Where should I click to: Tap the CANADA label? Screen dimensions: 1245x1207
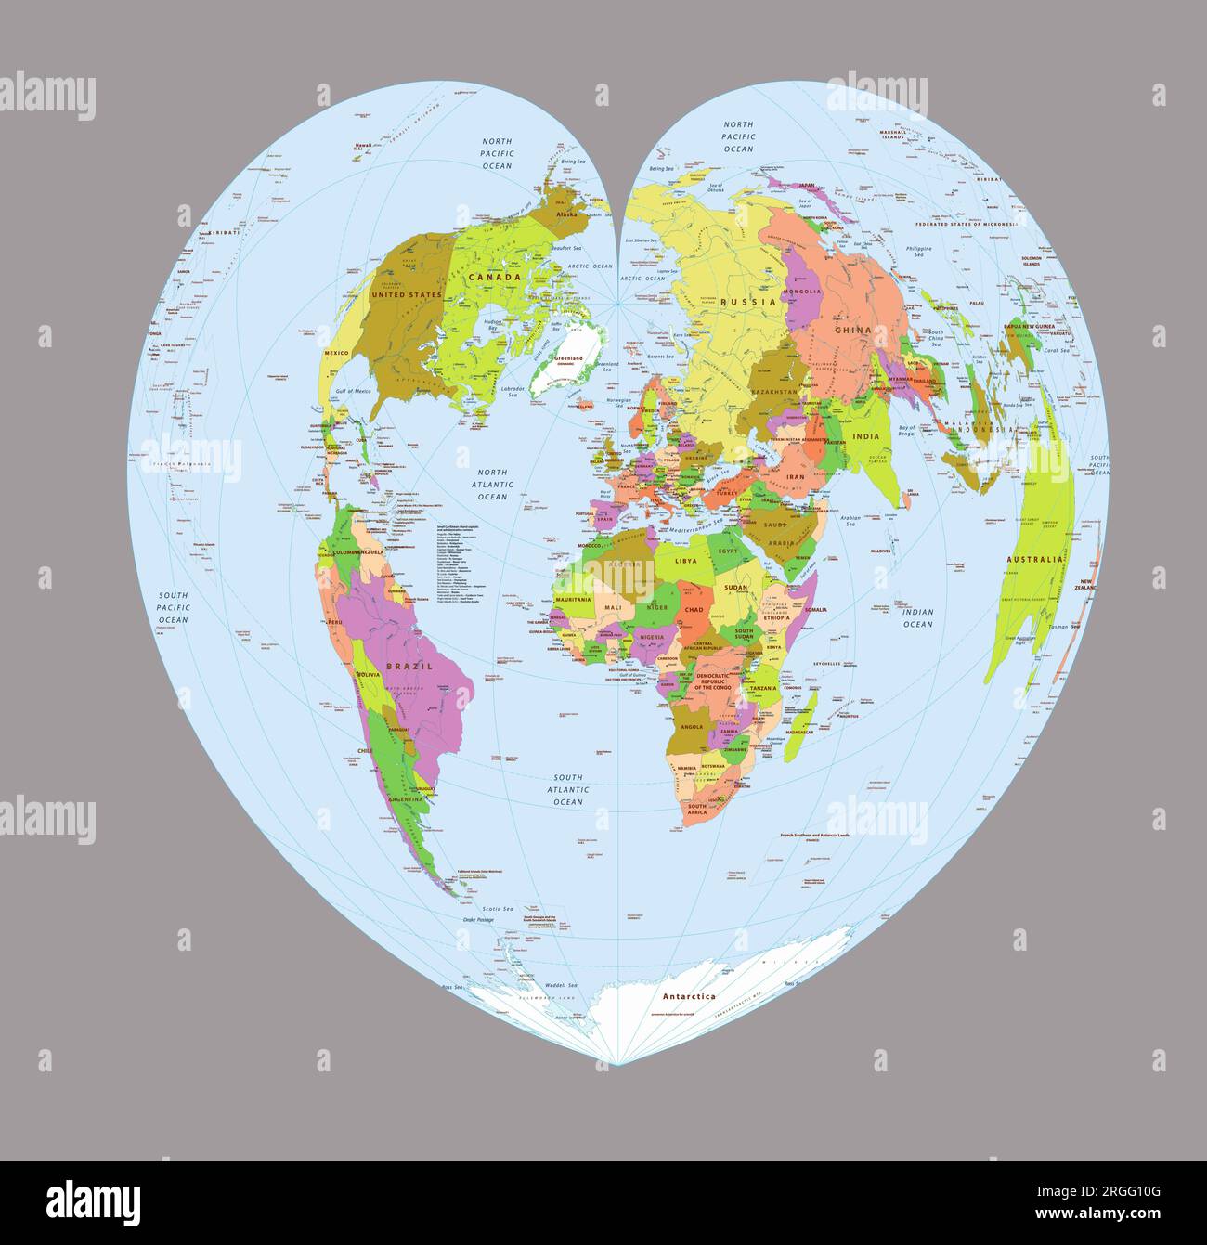pos(494,277)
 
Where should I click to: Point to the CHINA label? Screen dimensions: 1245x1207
pos(852,330)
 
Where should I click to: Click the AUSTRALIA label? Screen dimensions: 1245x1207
pos(1034,560)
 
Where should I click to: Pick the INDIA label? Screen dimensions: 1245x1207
pos(865,436)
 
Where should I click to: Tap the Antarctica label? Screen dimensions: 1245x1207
pos(689,996)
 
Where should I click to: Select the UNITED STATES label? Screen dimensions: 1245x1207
pos(407,294)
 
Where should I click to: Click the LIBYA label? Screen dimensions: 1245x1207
pos(685,561)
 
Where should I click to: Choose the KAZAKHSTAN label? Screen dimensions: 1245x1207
pos(773,392)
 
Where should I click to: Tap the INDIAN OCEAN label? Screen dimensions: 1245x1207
pos(917,617)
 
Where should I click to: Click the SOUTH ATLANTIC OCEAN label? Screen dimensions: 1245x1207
pos(568,789)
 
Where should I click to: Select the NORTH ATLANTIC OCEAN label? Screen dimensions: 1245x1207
pos(492,484)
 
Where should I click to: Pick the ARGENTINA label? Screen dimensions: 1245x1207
pos(405,798)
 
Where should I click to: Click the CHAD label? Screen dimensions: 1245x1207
pos(694,609)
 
